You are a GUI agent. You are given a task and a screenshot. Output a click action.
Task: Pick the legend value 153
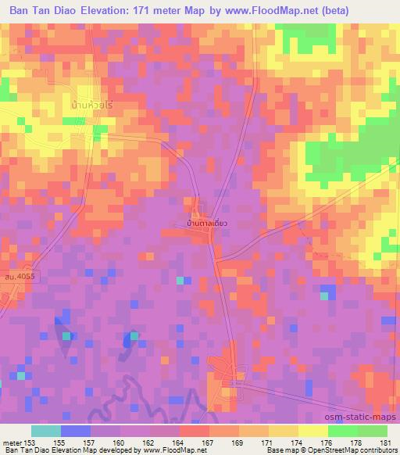tap(25, 442)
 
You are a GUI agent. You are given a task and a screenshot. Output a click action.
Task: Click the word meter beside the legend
tap(10, 442)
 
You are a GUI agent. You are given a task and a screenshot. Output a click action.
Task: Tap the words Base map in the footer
tap(277, 450)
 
